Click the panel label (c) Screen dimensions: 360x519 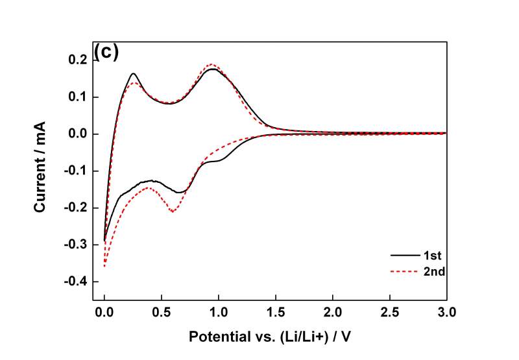tap(106, 53)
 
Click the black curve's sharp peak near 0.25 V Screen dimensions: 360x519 tap(133, 73)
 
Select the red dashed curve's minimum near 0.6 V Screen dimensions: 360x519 tap(173, 211)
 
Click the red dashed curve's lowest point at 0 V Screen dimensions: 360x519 tap(104, 266)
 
